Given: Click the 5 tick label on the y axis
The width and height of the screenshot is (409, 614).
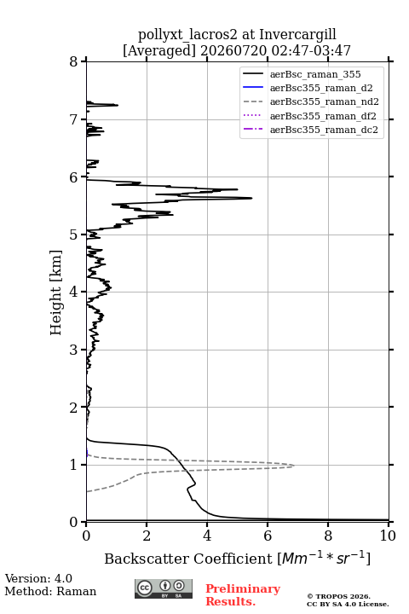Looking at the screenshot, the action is click(73, 235).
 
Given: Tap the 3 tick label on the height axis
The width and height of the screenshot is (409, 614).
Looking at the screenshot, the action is click(73, 350).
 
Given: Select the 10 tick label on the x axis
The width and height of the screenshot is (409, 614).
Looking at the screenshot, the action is click(388, 536).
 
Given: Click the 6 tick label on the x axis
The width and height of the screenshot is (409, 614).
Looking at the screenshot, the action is click(268, 536).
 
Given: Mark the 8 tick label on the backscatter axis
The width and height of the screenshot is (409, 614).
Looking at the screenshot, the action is click(328, 536).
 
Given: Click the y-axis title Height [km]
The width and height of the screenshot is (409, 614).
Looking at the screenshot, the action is click(56, 293).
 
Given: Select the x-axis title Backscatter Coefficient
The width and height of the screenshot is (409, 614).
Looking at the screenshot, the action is click(188, 559).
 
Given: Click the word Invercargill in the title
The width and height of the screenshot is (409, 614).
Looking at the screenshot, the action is click(298, 35).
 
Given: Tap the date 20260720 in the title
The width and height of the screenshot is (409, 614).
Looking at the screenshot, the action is click(233, 50).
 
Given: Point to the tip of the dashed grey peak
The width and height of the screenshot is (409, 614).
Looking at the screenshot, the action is click(294, 466).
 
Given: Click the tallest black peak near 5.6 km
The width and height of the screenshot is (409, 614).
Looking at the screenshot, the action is click(251, 198).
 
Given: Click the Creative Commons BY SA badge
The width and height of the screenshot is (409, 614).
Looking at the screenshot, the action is click(164, 588).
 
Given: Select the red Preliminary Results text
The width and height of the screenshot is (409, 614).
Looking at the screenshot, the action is click(243, 595).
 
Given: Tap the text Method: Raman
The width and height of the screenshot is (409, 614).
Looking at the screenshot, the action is click(50, 591).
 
